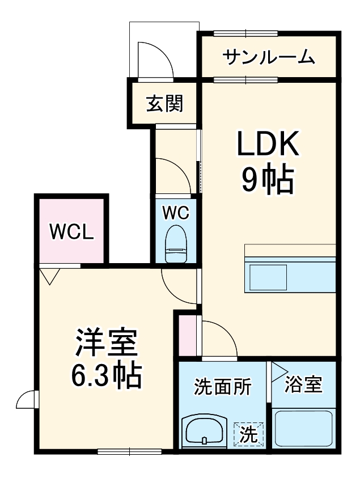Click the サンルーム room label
(268, 57)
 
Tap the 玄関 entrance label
(165, 104)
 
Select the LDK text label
(268, 146)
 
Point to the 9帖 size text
(268, 181)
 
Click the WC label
(176, 213)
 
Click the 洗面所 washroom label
(222, 387)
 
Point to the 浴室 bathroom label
(303, 385)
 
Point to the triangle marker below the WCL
(50, 276)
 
